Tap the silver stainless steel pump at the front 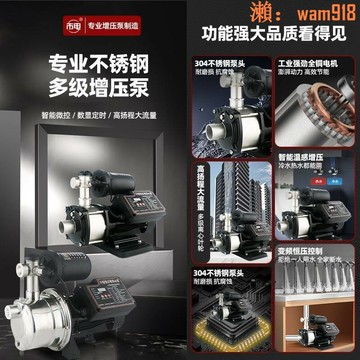[50, 310]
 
